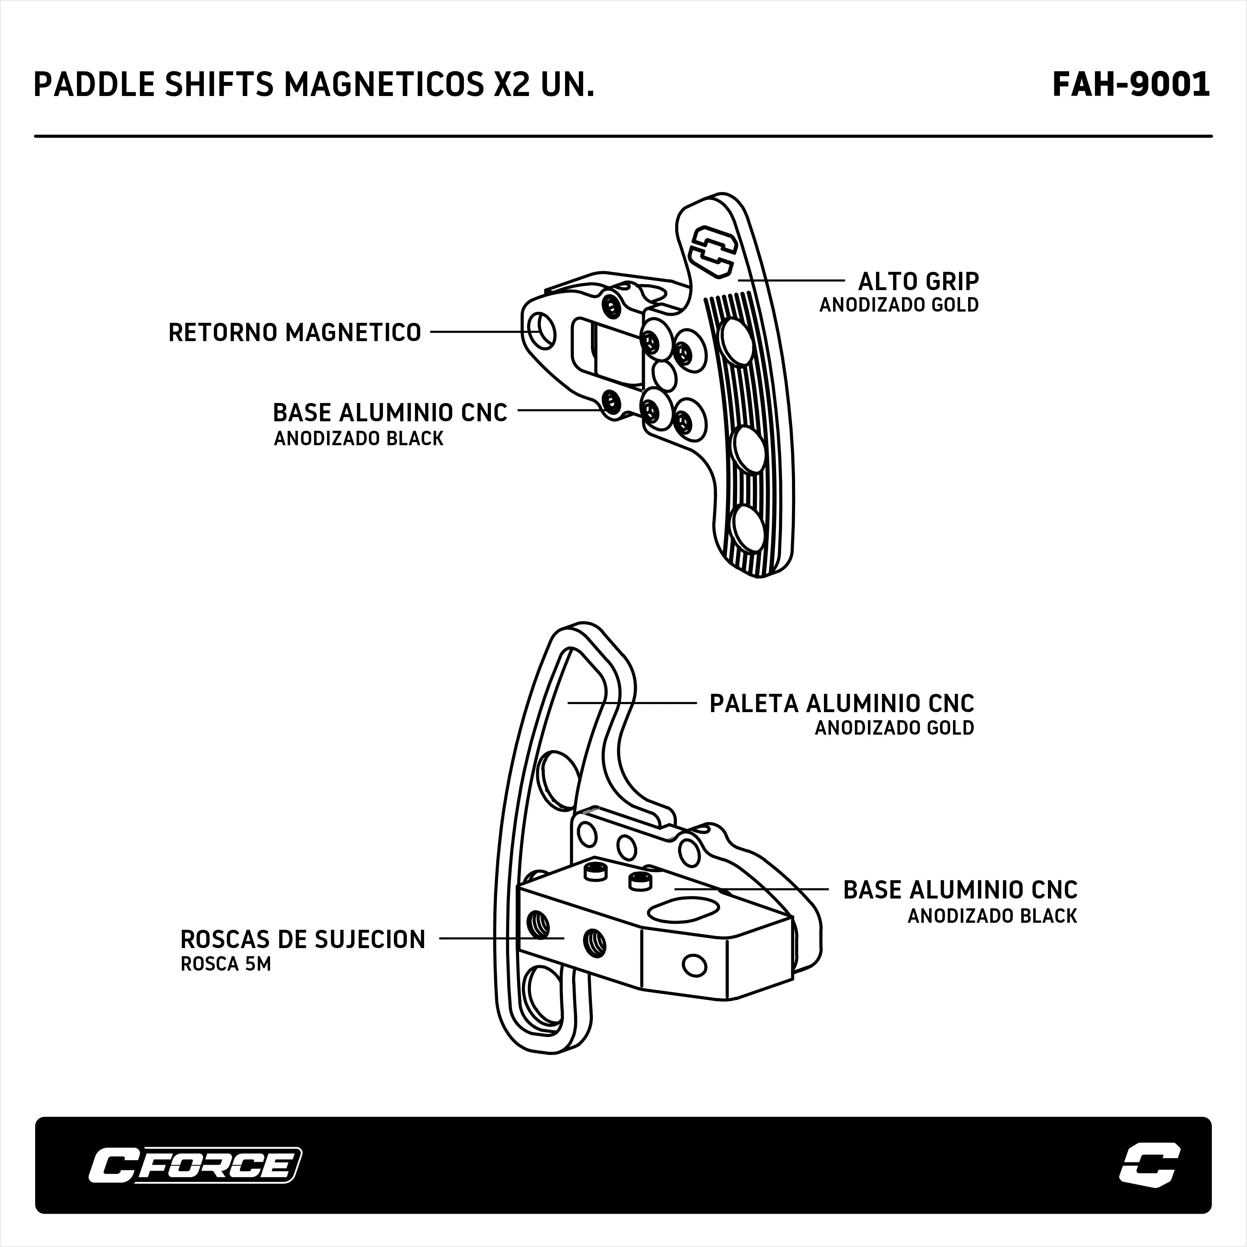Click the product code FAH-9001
1131,84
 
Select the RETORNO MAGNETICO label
294,332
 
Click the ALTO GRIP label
918,281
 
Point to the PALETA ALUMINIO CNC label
841,704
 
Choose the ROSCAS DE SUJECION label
303,940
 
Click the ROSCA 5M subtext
225,964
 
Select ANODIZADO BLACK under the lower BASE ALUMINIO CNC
992,916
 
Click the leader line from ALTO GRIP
791,281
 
